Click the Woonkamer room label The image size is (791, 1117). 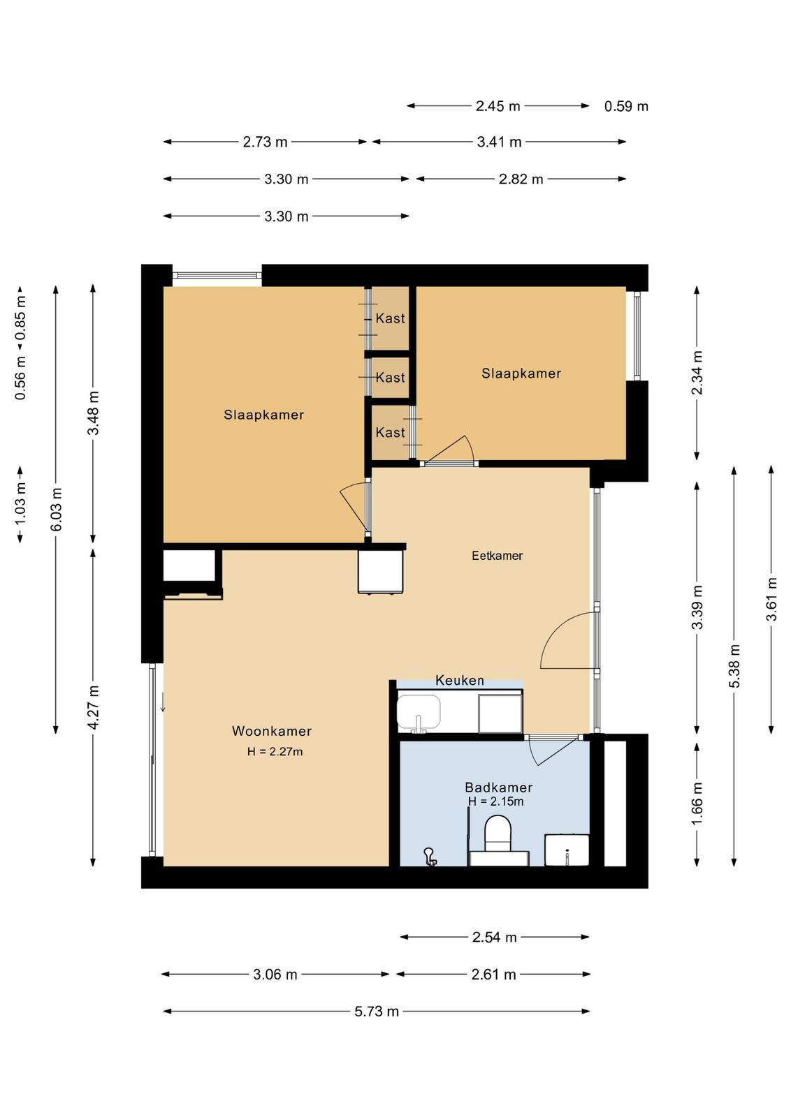[x=272, y=731]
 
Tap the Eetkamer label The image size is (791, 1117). [x=497, y=556]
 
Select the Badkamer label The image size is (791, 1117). [x=498, y=787]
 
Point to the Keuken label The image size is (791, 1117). [x=460, y=680]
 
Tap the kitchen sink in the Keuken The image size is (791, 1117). [x=419, y=711]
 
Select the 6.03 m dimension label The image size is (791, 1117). [x=57, y=509]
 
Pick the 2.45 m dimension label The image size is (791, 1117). [x=498, y=105]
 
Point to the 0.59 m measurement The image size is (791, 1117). [x=626, y=106]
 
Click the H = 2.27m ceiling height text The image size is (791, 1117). [x=275, y=751]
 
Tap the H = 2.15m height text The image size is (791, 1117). [x=495, y=801]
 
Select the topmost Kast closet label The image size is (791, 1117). [x=391, y=318]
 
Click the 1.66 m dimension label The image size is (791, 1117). [x=697, y=804]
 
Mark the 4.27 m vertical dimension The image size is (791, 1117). [x=94, y=707]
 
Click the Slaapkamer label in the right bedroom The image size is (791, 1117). [x=521, y=373]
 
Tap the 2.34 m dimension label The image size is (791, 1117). [x=697, y=373]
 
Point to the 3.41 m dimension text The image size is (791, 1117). [x=499, y=142]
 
